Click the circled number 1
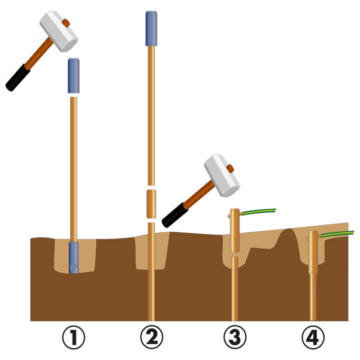74,337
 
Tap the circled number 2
151,337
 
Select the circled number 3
235,337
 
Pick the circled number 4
313,337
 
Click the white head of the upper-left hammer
58,31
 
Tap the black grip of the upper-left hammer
18,78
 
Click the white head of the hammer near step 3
222,175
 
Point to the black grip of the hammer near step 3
175,215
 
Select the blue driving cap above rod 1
74,76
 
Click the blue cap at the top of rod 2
151,29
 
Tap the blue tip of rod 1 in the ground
74,258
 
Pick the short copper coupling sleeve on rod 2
151,204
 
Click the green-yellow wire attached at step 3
258,211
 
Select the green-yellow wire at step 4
336,234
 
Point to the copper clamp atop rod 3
235,230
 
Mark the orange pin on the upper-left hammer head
66,22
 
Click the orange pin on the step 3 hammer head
230,169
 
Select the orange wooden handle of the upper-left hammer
39,53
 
